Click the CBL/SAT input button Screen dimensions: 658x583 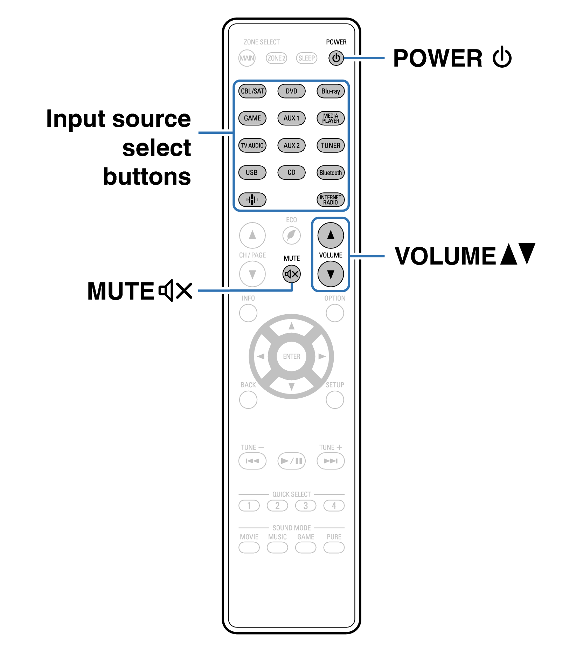click(x=252, y=91)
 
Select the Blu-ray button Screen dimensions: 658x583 click(x=331, y=91)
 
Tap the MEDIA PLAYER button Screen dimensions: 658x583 click(x=331, y=118)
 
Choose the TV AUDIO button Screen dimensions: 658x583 click(x=252, y=145)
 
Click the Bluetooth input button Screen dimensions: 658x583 click(x=331, y=173)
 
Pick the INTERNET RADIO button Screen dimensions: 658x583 click(x=331, y=200)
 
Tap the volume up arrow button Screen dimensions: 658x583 click(x=331, y=235)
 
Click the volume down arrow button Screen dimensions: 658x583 click(x=331, y=274)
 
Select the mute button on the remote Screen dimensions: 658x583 click(x=291, y=274)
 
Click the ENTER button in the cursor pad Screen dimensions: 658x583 click(x=291, y=356)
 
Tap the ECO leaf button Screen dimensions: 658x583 click(x=291, y=235)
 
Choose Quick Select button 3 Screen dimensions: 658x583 click(x=305, y=506)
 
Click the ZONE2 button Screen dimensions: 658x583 click(x=276, y=58)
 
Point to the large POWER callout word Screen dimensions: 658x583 click(x=438, y=58)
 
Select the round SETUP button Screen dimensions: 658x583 click(x=334, y=400)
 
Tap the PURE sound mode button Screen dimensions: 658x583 click(x=334, y=547)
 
